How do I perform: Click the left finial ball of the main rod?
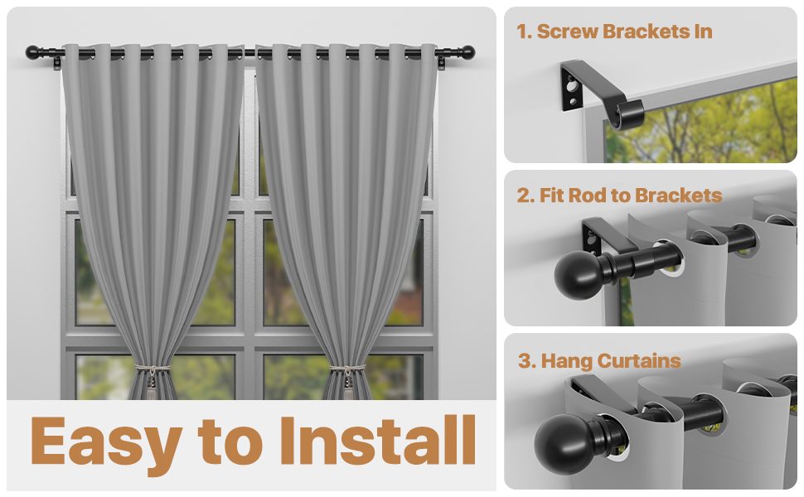tap(32, 52)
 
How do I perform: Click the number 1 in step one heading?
tap(523, 32)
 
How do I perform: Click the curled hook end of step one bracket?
tap(627, 114)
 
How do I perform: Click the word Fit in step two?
tap(552, 195)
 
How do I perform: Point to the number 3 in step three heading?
tap(524, 360)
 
